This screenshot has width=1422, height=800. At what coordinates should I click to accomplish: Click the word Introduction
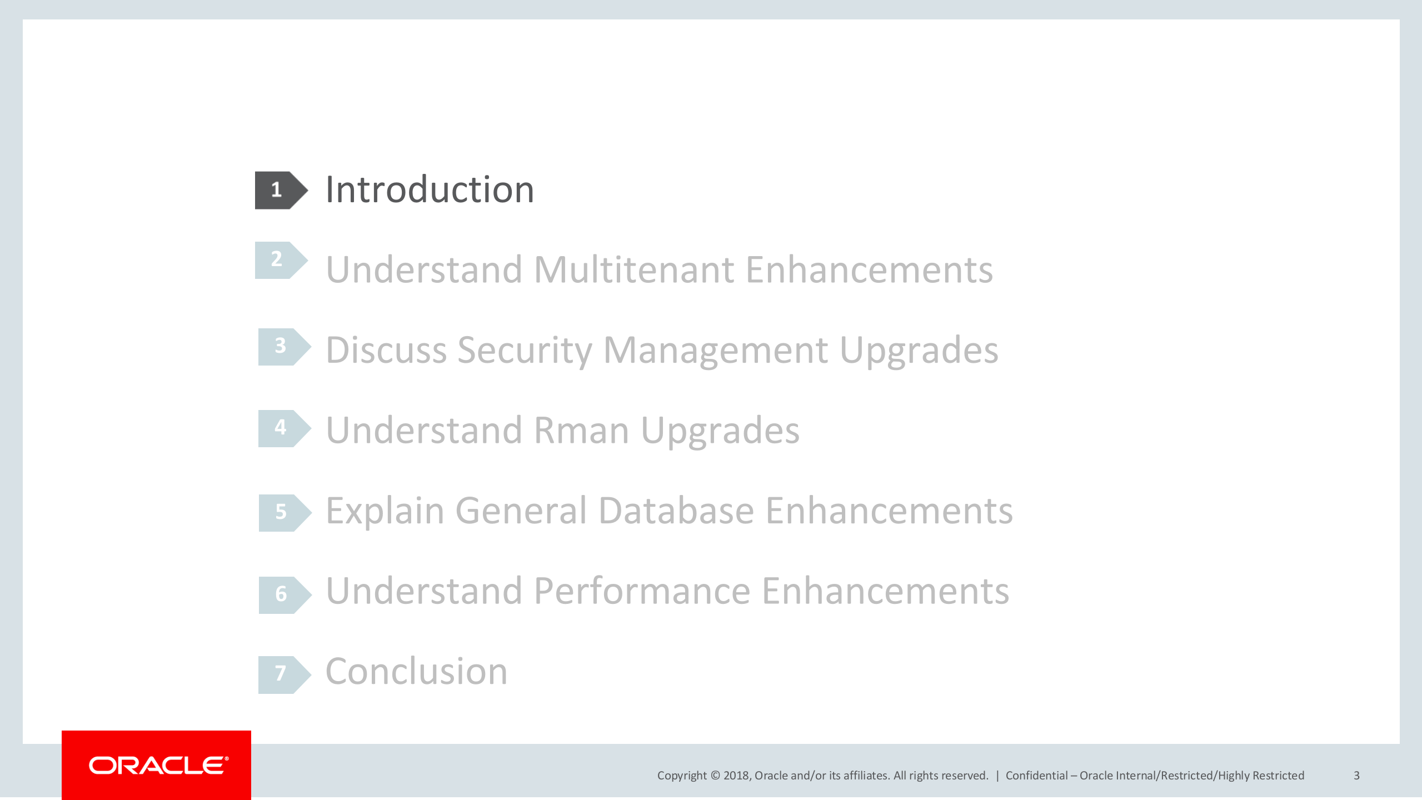[430, 190]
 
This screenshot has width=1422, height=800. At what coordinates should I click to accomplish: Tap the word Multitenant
[633, 270]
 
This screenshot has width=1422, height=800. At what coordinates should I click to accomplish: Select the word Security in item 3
[525, 351]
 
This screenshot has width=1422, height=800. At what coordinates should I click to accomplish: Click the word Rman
[581, 431]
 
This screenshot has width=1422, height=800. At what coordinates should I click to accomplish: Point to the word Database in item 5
[676, 511]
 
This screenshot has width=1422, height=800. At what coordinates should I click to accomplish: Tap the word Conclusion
[416, 671]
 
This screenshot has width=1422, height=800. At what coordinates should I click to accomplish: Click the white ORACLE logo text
[158, 766]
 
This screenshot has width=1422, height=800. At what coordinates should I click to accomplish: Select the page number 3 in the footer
[1356, 776]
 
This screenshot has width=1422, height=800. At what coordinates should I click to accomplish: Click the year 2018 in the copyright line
[736, 776]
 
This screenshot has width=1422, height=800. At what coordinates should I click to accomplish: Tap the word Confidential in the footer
[1036, 776]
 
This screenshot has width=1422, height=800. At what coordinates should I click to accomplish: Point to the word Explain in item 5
[385, 511]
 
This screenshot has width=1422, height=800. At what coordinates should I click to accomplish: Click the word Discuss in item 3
[386, 351]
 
